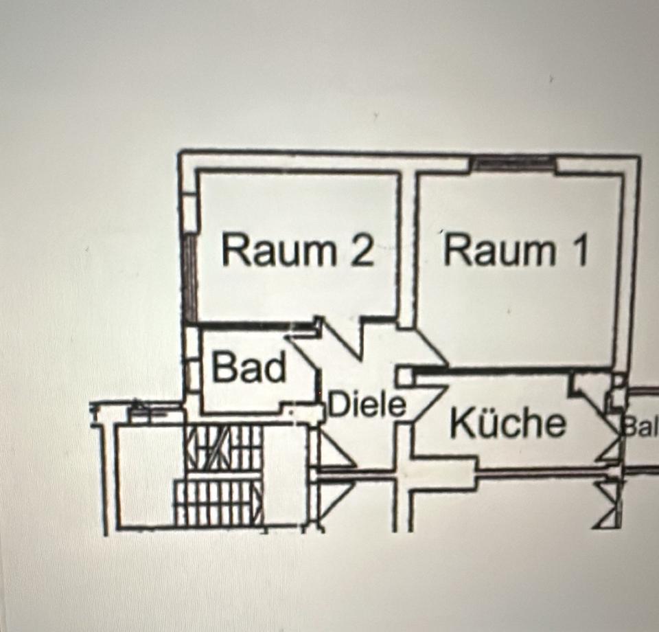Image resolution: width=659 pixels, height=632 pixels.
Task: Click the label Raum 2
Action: pos(298,251)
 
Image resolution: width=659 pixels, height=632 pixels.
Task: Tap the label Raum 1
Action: pos(516,250)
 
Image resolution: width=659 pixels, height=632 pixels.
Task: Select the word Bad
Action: pos(249,368)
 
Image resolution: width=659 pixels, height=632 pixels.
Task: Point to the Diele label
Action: pos(367,404)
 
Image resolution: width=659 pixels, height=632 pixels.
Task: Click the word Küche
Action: pos(508,422)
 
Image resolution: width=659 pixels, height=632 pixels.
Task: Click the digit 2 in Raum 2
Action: pos(362,251)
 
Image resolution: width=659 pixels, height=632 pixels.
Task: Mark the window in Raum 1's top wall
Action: pos(513,163)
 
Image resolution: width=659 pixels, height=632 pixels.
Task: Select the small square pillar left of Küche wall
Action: pos(404,376)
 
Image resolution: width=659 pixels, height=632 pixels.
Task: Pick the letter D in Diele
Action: pos(337,405)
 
